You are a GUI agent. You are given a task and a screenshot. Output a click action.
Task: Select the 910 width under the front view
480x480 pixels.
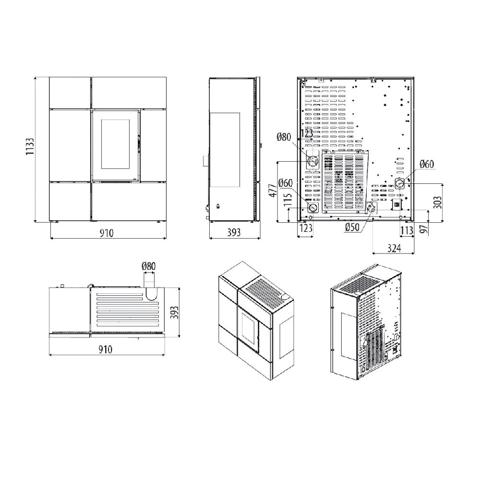(x=107, y=233)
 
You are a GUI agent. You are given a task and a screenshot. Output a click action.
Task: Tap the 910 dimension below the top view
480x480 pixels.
(x=106, y=349)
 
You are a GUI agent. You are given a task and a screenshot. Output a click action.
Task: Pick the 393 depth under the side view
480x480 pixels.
(x=234, y=233)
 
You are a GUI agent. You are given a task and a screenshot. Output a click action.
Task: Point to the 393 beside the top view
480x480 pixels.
(x=174, y=312)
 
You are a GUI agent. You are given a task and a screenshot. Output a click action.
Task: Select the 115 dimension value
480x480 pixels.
(x=288, y=200)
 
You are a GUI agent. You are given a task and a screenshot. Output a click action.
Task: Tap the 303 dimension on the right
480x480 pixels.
(x=438, y=202)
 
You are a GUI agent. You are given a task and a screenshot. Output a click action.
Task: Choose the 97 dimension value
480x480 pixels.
(x=423, y=228)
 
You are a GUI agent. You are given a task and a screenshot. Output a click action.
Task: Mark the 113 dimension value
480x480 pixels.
(x=407, y=230)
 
